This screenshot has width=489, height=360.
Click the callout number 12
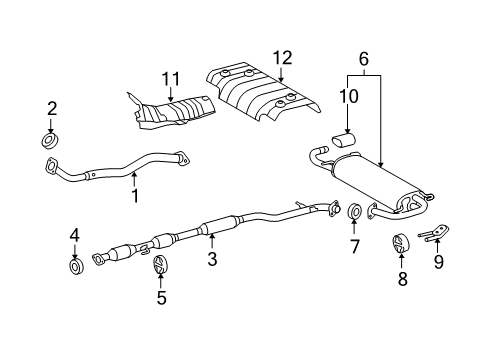(x=283, y=58)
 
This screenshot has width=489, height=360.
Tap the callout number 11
(x=171, y=79)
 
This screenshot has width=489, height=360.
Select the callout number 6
(x=364, y=59)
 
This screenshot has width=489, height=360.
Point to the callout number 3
(x=212, y=258)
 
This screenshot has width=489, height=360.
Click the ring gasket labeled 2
(x=51, y=140)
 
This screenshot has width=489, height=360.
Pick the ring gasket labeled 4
(x=76, y=266)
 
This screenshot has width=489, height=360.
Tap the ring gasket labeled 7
(x=354, y=212)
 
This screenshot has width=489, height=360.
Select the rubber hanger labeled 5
(x=160, y=264)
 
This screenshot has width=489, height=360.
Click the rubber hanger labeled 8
(x=400, y=244)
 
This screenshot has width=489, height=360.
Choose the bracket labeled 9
(x=433, y=233)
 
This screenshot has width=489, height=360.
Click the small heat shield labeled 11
(x=171, y=112)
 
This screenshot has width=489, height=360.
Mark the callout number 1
(x=135, y=196)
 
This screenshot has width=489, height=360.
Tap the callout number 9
(x=439, y=261)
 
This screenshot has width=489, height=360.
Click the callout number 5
(x=162, y=298)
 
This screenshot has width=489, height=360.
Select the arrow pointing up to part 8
(x=401, y=261)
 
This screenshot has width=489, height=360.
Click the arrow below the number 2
(x=51, y=125)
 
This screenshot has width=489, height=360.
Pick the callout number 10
(x=349, y=96)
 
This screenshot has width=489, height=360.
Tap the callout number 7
(x=354, y=247)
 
